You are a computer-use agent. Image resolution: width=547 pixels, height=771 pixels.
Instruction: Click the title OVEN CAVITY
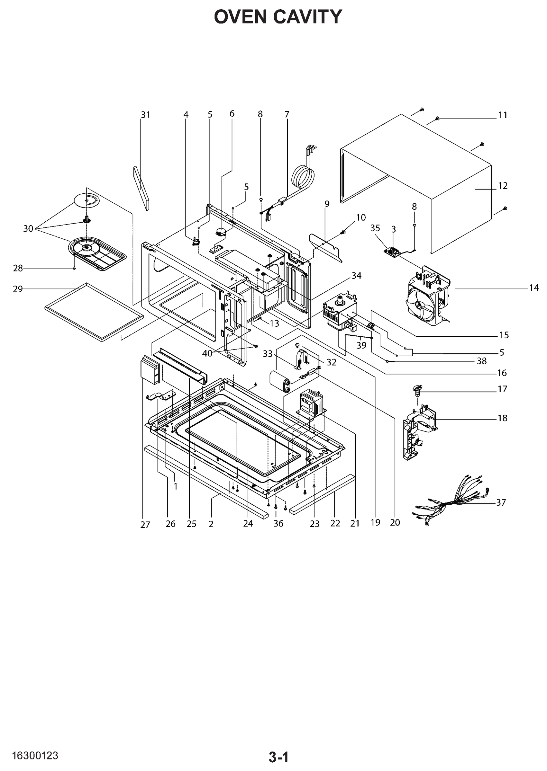[278, 17]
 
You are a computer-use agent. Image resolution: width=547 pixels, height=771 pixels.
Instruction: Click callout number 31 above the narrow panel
[145, 115]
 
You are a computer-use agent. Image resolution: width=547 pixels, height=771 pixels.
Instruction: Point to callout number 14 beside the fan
[533, 288]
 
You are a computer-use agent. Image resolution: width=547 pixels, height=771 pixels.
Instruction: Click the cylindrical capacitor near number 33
[281, 381]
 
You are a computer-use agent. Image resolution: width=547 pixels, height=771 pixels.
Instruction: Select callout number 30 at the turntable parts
[28, 229]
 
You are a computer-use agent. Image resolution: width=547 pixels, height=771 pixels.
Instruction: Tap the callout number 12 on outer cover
[503, 186]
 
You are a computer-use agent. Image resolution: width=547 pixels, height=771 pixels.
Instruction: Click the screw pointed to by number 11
[438, 118]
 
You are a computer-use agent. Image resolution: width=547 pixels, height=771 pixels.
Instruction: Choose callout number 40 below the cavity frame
[207, 354]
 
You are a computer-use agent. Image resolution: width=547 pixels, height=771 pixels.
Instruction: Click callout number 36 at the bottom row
[278, 524]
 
